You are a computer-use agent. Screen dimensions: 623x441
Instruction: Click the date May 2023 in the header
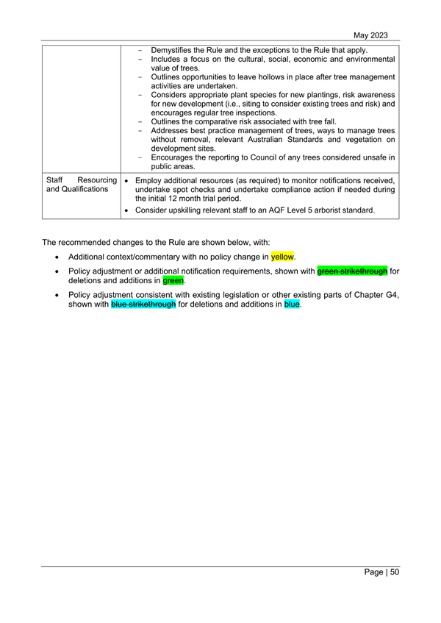pos(370,35)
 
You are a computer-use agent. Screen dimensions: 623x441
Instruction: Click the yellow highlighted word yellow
pos(282,257)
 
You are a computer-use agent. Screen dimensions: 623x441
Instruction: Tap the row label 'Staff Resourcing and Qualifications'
pos(80,185)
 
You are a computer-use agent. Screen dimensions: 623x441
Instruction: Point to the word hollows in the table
pos(298,76)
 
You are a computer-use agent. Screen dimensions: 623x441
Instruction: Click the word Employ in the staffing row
pos(151,180)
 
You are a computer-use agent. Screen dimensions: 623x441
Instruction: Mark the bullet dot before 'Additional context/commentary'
pos(57,257)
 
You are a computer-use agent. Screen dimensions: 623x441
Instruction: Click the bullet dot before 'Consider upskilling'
pos(128,210)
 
